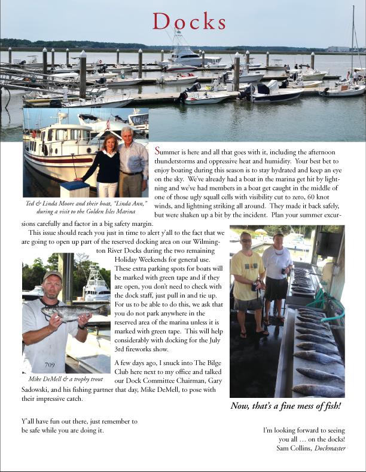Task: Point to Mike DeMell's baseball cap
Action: (52, 276)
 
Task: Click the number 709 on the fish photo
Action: (51, 364)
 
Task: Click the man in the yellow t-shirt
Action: (248, 281)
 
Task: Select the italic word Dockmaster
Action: (328, 448)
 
